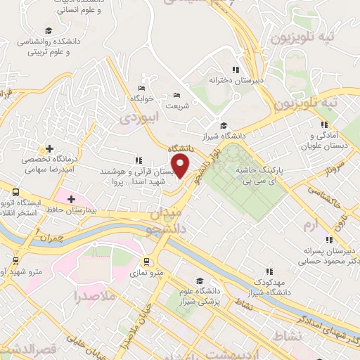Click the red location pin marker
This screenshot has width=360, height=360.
[181, 166]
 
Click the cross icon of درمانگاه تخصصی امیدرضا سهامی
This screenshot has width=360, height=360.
[49, 148]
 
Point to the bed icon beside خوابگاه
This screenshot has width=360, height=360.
[141, 88]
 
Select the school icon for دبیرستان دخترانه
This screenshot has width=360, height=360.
[236, 70]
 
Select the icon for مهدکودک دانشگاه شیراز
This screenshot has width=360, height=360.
[269, 271]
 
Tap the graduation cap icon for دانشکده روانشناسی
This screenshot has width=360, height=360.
[48, 30]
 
